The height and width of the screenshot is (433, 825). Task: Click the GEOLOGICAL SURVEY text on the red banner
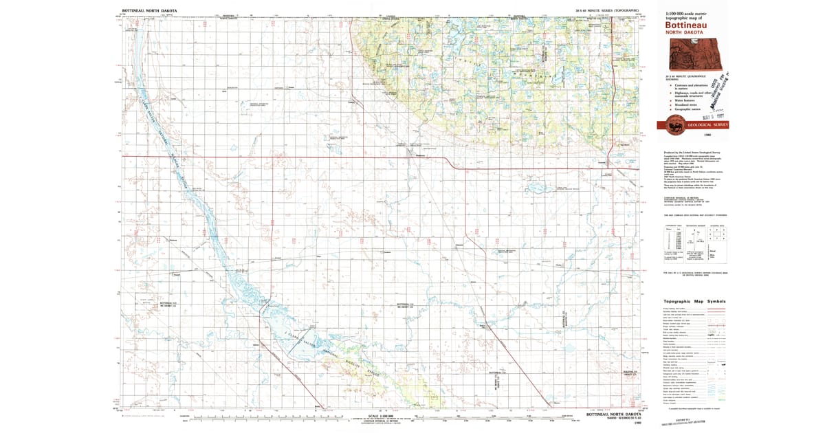[x=708, y=124]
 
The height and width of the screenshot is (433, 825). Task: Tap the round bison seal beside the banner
[x=670, y=124]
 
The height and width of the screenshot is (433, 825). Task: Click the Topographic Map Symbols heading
[x=694, y=302]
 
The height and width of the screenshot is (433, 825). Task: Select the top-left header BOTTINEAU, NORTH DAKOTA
[x=149, y=11]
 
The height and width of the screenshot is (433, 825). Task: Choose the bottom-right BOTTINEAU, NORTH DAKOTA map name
[x=613, y=414]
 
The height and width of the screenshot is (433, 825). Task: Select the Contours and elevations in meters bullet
[x=691, y=86]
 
